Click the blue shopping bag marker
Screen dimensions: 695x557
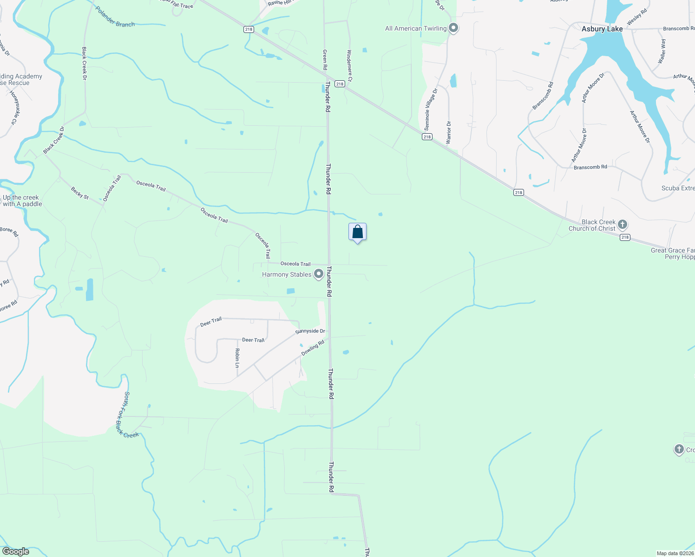pyautogui.click(x=357, y=232)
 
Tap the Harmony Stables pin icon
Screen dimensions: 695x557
pyautogui.click(x=319, y=274)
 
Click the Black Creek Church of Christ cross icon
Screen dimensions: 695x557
pyautogui.click(x=623, y=225)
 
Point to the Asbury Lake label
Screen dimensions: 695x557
pyautogui.click(x=602, y=29)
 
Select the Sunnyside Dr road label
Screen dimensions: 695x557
pyautogui.click(x=310, y=331)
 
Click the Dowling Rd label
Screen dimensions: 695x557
pyautogui.click(x=313, y=348)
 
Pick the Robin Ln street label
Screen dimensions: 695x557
pyautogui.click(x=237, y=358)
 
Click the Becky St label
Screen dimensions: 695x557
pyautogui.click(x=80, y=193)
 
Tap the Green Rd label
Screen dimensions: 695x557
pyautogui.click(x=325, y=60)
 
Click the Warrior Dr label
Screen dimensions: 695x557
pyautogui.click(x=448, y=132)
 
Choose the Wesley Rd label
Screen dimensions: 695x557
pyautogui.click(x=637, y=19)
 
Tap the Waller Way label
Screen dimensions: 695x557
pyautogui.click(x=662, y=51)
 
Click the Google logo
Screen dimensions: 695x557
pyautogui.click(x=15, y=551)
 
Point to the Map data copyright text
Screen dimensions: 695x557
pyautogui.click(x=675, y=553)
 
